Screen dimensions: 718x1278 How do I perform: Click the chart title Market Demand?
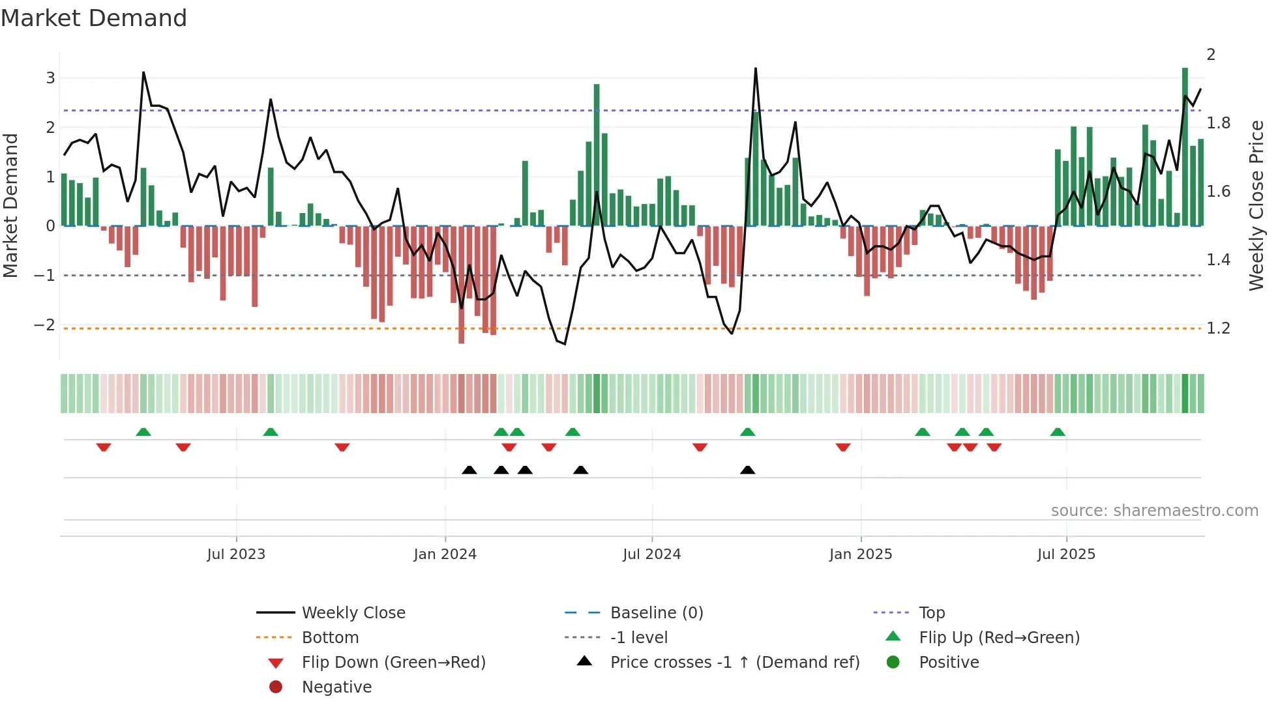pyautogui.click(x=94, y=18)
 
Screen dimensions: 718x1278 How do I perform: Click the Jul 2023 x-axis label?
pyautogui.click(x=236, y=554)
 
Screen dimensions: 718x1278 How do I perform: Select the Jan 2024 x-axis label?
pyautogui.click(x=445, y=554)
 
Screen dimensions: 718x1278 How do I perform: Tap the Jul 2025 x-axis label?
pyautogui.click(x=1066, y=554)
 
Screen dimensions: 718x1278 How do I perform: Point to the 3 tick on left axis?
pyautogui.click(x=50, y=78)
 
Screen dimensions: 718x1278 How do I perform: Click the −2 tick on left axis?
pyautogui.click(x=45, y=324)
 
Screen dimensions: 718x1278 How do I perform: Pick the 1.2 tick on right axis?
pyautogui.click(x=1218, y=328)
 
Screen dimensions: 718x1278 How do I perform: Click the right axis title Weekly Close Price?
pyautogui.click(x=1256, y=205)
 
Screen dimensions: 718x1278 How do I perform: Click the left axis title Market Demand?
pyautogui.click(x=10, y=205)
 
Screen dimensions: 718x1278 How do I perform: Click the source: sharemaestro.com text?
pyautogui.click(x=1154, y=511)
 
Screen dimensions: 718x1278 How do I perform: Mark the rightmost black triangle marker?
pyautogui.click(x=748, y=470)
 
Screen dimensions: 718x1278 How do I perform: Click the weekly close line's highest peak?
pyautogui.click(x=756, y=68)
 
